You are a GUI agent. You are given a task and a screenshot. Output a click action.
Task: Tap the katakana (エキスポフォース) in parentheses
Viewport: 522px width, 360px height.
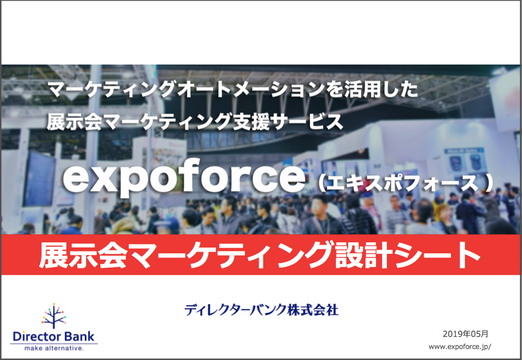[x=405, y=183]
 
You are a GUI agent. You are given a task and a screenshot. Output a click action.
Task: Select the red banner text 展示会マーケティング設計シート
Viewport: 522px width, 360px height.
[x=260, y=255]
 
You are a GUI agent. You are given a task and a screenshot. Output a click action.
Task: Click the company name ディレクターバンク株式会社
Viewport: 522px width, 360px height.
[x=262, y=310]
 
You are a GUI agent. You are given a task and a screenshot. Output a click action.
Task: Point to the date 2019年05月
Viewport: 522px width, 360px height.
[x=465, y=333]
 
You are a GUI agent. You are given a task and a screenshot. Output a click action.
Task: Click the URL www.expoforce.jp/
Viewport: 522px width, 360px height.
[x=460, y=347]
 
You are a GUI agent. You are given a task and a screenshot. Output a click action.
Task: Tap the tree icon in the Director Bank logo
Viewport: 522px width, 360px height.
[x=54, y=316]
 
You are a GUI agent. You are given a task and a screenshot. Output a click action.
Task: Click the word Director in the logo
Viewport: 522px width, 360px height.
[x=37, y=336]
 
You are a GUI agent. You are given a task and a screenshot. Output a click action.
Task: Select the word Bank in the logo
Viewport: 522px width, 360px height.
[x=80, y=336]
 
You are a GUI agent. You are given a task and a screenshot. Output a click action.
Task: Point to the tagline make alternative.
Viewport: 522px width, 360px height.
[x=54, y=348]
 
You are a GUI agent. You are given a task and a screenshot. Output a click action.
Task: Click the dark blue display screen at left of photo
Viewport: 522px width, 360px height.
[x=39, y=178]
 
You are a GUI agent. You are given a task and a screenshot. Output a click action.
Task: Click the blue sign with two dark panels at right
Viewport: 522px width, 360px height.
[x=464, y=161]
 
